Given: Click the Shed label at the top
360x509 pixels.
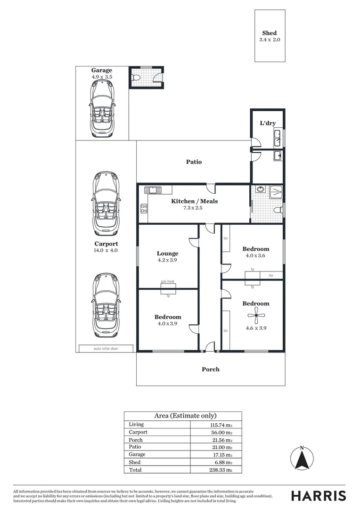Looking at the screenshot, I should click(x=270, y=33).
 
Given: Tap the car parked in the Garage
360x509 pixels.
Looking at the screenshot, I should click(x=102, y=108).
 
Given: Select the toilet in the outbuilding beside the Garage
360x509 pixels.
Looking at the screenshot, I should click(x=136, y=78).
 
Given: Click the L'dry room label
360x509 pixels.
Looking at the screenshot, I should click(x=268, y=123).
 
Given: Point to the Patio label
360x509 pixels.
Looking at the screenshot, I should click(x=194, y=162).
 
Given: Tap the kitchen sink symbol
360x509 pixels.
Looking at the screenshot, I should click(x=153, y=190).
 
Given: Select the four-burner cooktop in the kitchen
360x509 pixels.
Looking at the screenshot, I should click(x=144, y=208).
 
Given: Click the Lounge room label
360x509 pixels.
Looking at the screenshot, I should click(x=167, y=253).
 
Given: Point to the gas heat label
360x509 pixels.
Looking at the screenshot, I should click(x=168, y=281).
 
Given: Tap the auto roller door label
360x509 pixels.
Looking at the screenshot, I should click(x=106, y=349).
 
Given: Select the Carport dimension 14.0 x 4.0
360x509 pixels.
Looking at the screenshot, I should click(x=106, y=251).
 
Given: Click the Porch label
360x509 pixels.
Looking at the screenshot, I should click(x=211, y=369).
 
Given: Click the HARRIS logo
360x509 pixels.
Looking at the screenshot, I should click(x=319, y=495).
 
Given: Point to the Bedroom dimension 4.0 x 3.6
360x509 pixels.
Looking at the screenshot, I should click(x=256, y=256).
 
